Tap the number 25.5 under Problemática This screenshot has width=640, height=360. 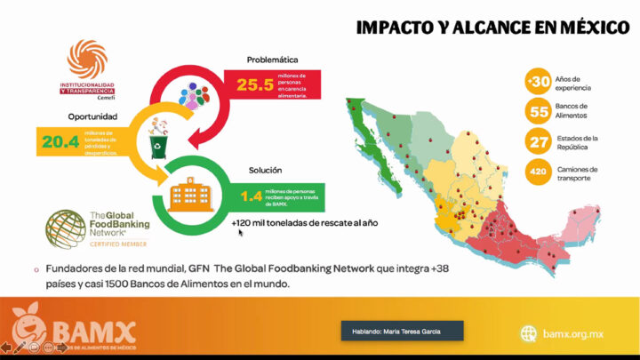click(x=254, y=85)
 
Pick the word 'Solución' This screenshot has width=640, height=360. click(x=264, y=169)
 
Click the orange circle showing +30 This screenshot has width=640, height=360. click(x=538, y=83)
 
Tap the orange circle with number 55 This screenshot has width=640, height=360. click(x=538, y=112)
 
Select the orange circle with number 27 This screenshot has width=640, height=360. click(x=538, y=142)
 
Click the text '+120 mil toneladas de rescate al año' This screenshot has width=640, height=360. click(x=305, y=223)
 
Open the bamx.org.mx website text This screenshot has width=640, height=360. click(x=572, y=333)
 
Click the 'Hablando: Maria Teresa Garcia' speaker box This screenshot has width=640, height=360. click(x=402, y=332)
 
